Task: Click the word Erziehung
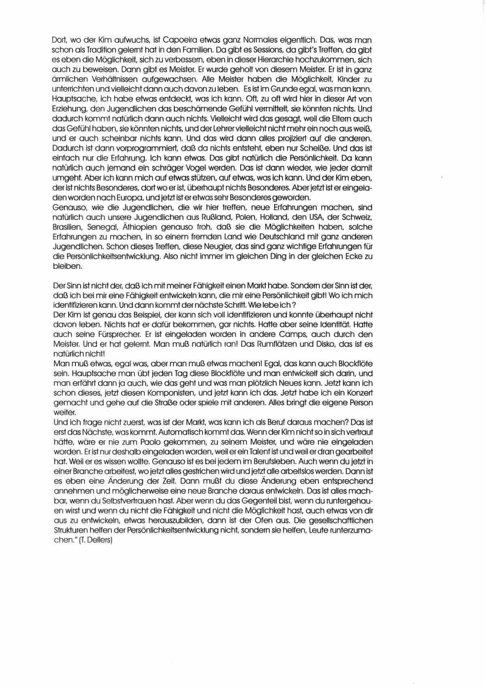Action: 69,109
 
